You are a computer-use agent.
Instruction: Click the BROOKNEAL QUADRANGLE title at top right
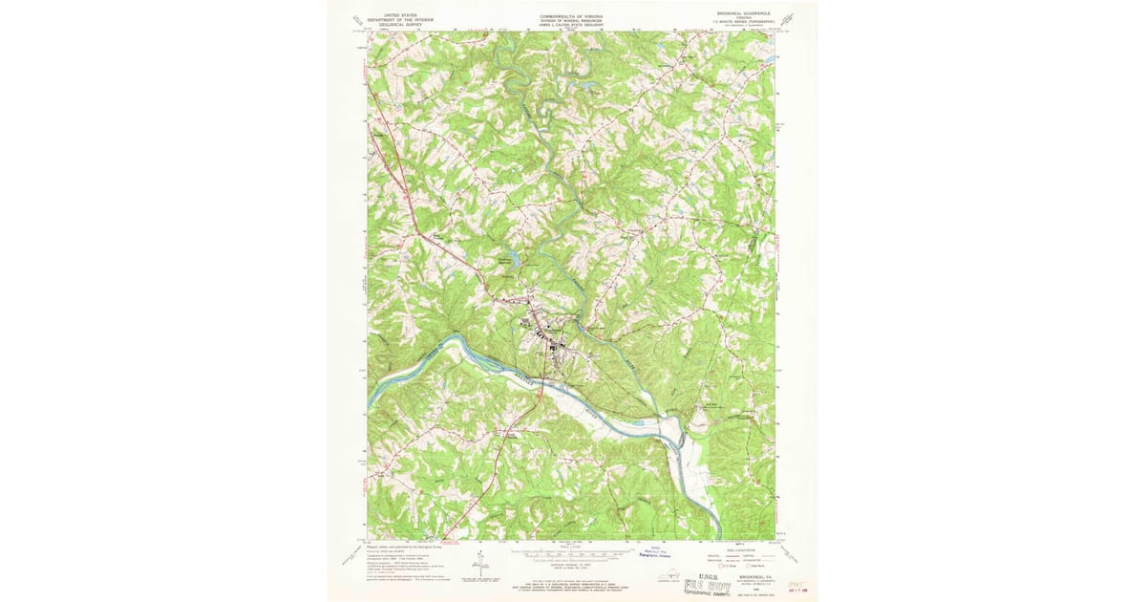(748, 13)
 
